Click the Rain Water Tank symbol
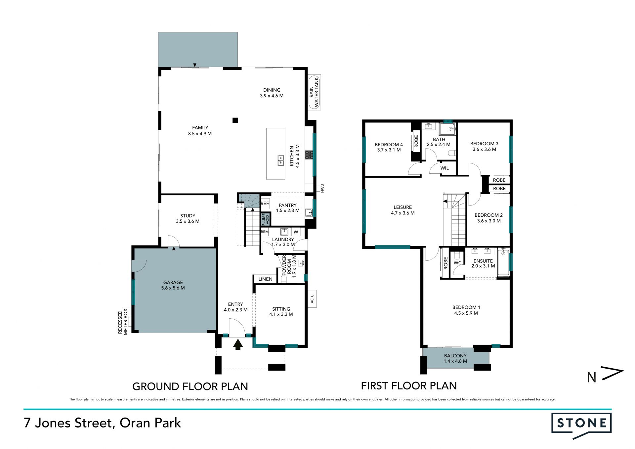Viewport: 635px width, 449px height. coord(315,92)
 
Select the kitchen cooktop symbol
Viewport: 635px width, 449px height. coord(309,155)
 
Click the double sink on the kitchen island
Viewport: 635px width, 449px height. coord(281,160)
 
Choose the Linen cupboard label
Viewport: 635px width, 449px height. coord(266,279)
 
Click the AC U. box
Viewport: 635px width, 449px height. coord(312,299)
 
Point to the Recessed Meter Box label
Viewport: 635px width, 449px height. coord(123,322)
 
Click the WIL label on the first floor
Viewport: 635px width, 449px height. coord(444,168)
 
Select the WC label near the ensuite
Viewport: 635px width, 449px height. coord(457,263)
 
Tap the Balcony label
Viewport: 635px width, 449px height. coord(455,356)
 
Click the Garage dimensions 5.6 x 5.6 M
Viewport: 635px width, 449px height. coord(173,288)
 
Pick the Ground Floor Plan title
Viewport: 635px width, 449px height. coord(190,386)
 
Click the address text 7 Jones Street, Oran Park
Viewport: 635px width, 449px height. coord(103,423)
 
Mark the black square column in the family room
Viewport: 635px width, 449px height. coord(235,120)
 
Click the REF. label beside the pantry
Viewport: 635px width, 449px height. coord(265,203)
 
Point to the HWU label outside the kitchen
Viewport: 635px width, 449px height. coord(322,188)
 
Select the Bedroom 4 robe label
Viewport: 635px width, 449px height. coord(416,141)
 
